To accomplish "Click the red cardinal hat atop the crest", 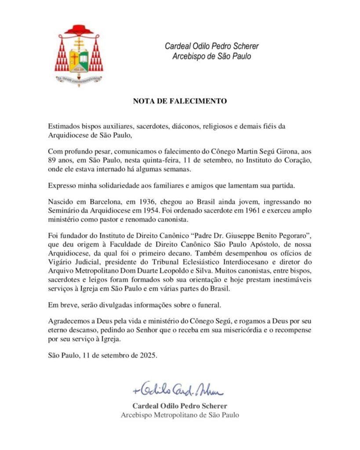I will (79, 30).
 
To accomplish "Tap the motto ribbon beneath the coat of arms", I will (79, 79).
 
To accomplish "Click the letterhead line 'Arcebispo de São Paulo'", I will (211, 56).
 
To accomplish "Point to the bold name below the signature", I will (180, 406).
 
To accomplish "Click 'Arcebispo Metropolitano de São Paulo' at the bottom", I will (180, 415).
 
